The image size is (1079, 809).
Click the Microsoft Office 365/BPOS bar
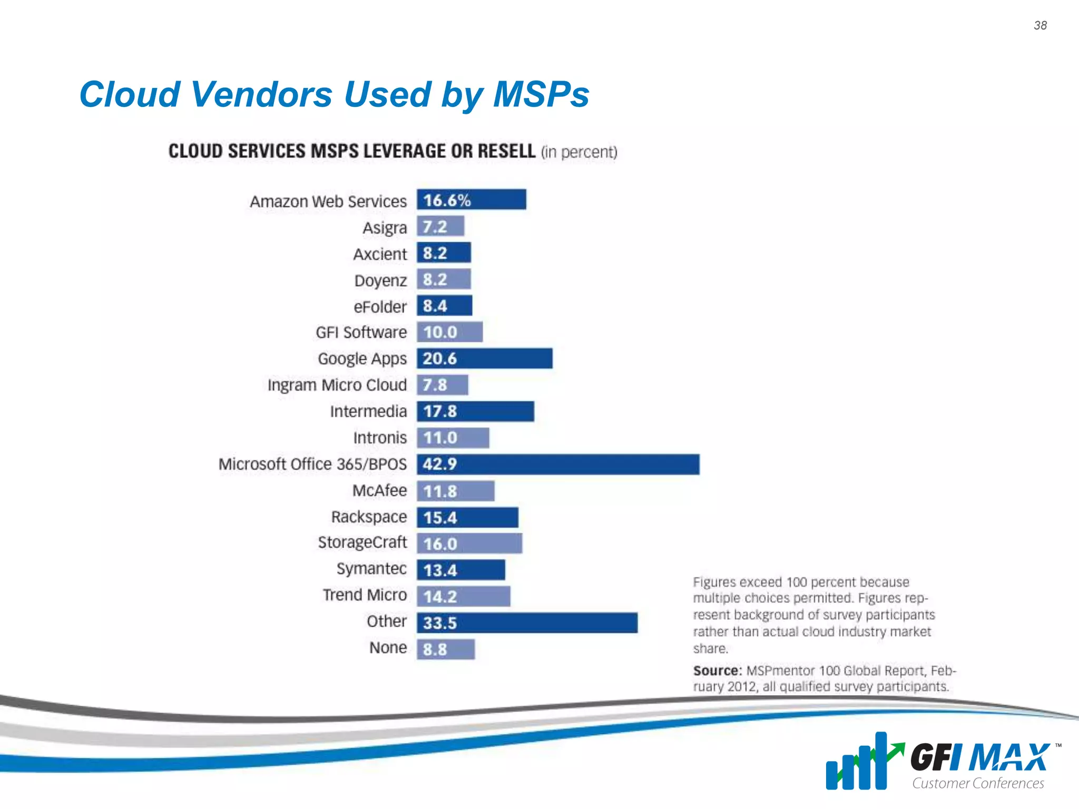(x=558, y=465)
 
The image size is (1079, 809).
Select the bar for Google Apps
(x=485, y=359)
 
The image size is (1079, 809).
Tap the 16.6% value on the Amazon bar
(x=447, y=200)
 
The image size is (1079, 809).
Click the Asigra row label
(x=385, y=228)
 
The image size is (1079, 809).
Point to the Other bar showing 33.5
(x=527, y=623)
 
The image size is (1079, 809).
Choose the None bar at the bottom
(x=446, y=649)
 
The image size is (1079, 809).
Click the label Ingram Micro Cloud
(x=337, y=385)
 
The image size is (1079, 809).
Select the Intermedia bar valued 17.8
(x=475, y=411)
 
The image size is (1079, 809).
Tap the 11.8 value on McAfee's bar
(x=440, y=491)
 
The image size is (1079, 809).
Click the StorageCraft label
(x=362, y=542)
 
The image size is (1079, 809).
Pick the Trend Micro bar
(x=464, y=597)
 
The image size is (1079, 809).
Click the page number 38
(x=1040, y=25)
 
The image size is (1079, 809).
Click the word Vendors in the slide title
(x=261, y=95)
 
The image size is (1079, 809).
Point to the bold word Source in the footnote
(x=717, y=671)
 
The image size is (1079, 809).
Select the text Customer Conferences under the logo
(x=978, y=784)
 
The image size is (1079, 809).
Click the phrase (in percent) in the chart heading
(x=579, y=152)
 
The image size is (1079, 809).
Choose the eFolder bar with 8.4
(x=445, y=306)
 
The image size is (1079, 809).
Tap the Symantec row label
(x=371, y=569)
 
